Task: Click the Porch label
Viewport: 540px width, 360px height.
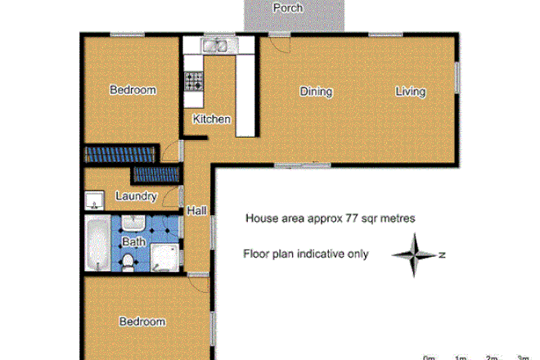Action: pos(288,8)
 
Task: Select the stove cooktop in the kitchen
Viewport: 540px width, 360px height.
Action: pos(195,81)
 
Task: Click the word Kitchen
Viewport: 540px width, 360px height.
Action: pos(212,119)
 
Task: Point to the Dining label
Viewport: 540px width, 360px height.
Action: pos(316,92)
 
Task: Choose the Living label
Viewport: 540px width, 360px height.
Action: pos(411,92)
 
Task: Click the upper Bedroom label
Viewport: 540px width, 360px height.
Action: pos(133,90)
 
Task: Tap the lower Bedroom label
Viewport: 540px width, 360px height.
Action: pos(142,322)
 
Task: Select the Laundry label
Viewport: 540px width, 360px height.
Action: pos(136,196)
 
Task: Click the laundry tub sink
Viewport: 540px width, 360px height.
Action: pos(92,200)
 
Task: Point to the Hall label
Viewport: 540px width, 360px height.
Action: pos(196,211)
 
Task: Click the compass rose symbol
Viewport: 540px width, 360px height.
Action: pos(416,255)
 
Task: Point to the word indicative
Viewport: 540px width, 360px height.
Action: pos(318,254)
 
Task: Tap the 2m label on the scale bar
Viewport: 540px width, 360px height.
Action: pos(491,358)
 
